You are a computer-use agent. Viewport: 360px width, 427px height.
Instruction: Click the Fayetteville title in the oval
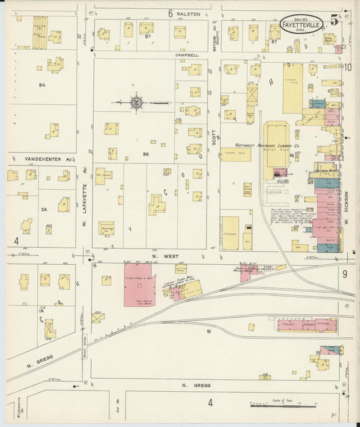click(303, 23)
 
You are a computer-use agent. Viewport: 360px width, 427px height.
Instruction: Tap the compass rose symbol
click(136, 103)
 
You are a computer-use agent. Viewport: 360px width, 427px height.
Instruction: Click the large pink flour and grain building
click(139, 284)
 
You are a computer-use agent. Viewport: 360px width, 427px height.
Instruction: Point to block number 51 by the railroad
click(209, 331)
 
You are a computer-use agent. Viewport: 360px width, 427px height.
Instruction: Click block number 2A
click(44, 210)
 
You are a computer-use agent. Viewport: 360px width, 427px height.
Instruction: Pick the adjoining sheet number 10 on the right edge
click(347, 67)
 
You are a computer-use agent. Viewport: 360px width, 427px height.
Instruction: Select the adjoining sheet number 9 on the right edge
click(344, 274)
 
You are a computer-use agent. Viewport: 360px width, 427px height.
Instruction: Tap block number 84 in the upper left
click(42, 85)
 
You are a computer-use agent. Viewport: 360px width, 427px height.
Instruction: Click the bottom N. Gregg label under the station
click(197, 386)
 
